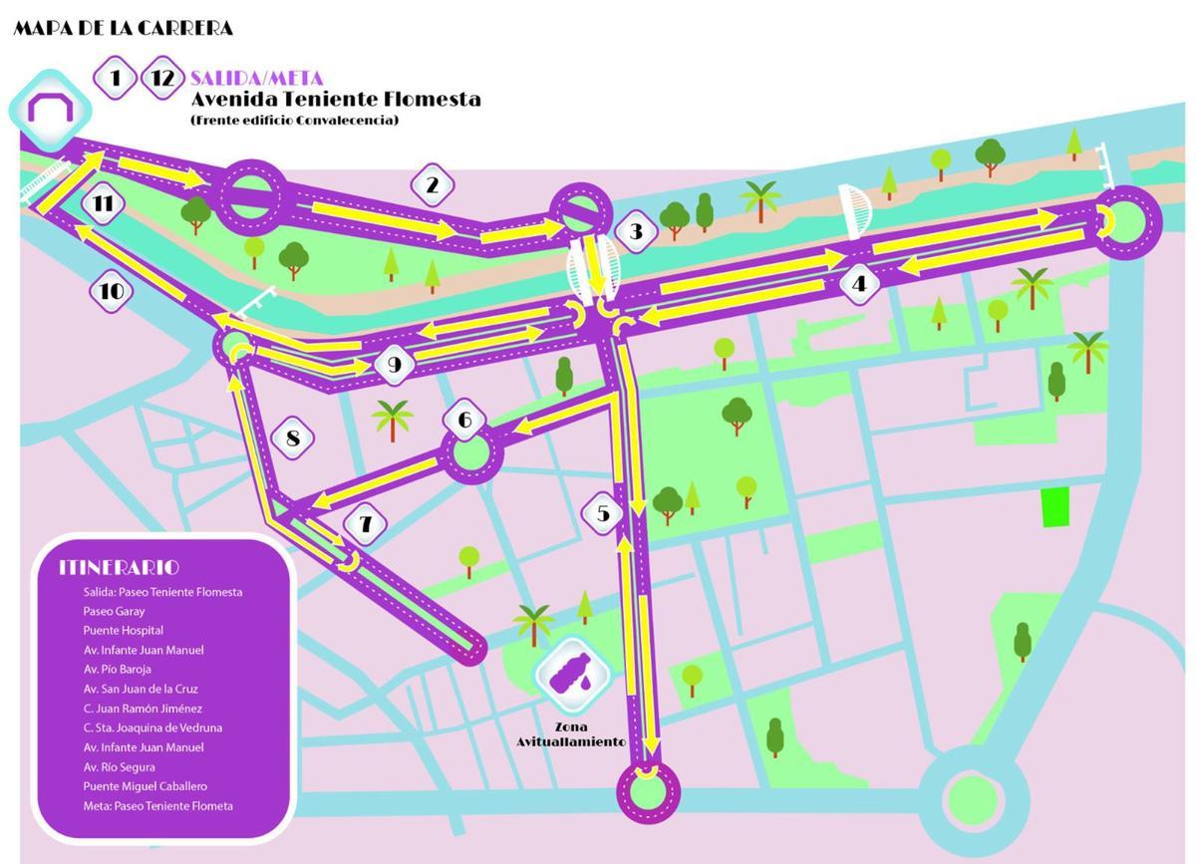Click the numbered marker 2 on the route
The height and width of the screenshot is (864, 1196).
[x=432, y=184]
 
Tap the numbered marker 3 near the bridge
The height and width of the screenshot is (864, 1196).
[x=635, y=232]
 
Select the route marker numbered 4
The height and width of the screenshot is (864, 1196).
[x=859, y=283]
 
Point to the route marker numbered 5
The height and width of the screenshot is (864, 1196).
[x=603, y=513]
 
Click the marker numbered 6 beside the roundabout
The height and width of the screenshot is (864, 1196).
[x=464, y=420]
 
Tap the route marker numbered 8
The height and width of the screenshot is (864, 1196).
[x=292, y=437]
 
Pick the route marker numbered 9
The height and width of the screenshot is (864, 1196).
[x=395, y=365]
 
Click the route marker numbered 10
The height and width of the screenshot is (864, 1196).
[x=112, y=291]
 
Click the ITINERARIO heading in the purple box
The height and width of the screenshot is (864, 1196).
[x=119, y=567]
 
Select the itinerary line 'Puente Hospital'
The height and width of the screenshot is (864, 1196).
[x=124, y=631]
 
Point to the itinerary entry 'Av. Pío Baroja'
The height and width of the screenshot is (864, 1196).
[x=118, y=670]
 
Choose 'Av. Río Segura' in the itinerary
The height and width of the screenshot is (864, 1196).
[x=120, y=767]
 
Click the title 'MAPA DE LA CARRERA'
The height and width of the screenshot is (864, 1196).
[x=123, y=28]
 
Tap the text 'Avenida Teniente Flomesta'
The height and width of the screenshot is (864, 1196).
[x=335, y=99]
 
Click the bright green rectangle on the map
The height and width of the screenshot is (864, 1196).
[x=1054, y=508]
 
